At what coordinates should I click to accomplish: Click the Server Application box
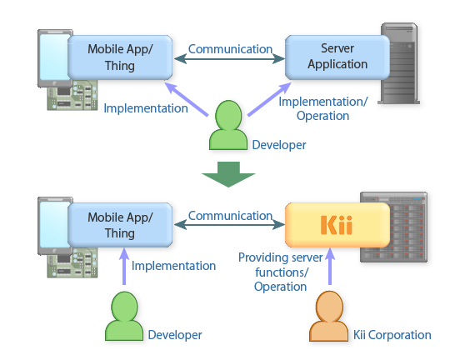click(x=337, y=57)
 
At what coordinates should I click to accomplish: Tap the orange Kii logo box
click(x=337, y=225)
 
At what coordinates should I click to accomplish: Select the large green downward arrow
click(x=228, y=174)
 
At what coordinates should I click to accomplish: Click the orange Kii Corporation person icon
click(x=329, y=316)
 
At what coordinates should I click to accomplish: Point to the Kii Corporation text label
click(x=392, y=335)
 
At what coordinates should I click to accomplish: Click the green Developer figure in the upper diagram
click(x=228, y=125)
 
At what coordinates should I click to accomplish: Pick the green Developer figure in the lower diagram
click(x=124, y=316)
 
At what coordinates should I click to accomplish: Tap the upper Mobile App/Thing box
click(x=120, y=57)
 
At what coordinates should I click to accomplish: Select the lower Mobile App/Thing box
click(x=120, y=225)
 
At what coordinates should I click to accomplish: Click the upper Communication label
click(x=230, y=49)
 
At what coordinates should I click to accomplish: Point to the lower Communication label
click(x=230, y=216)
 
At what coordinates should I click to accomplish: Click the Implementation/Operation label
click(x=322, y=109)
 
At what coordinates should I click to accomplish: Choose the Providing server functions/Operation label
click(x=280, y=272)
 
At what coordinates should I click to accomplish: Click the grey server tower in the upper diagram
click(x=400, y=63)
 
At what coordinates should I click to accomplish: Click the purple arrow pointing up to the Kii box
click(x=330, y=266)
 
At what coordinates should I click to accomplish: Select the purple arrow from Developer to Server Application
click(x=269, y=99)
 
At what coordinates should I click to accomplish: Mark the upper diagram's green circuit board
click(x=72, y=96)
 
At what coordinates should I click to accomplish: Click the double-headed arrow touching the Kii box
click(x=229, y=225)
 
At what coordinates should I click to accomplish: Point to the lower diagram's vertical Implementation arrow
click(x=124, y=266)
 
